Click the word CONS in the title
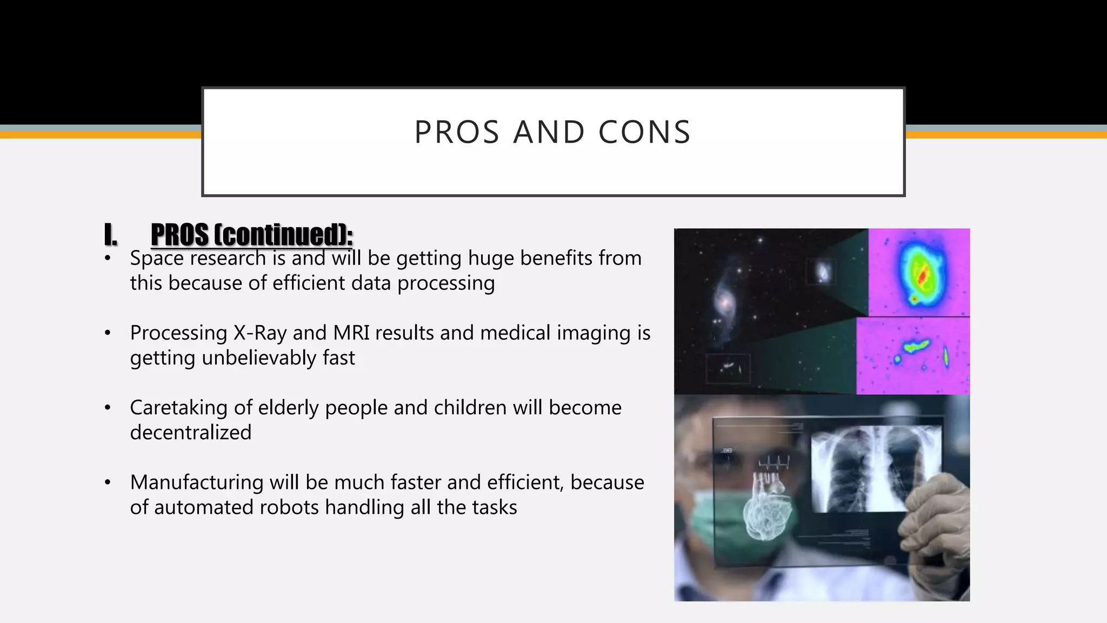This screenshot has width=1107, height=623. tap(644, 132)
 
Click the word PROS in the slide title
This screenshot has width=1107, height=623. tap(457, 132)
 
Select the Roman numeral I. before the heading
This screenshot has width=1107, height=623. tap(110, 235)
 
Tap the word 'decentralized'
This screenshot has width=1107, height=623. tap(191, 433)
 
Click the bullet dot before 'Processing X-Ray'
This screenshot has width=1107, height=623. tap(108, 333)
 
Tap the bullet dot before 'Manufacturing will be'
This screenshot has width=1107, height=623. tap(108, 482)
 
